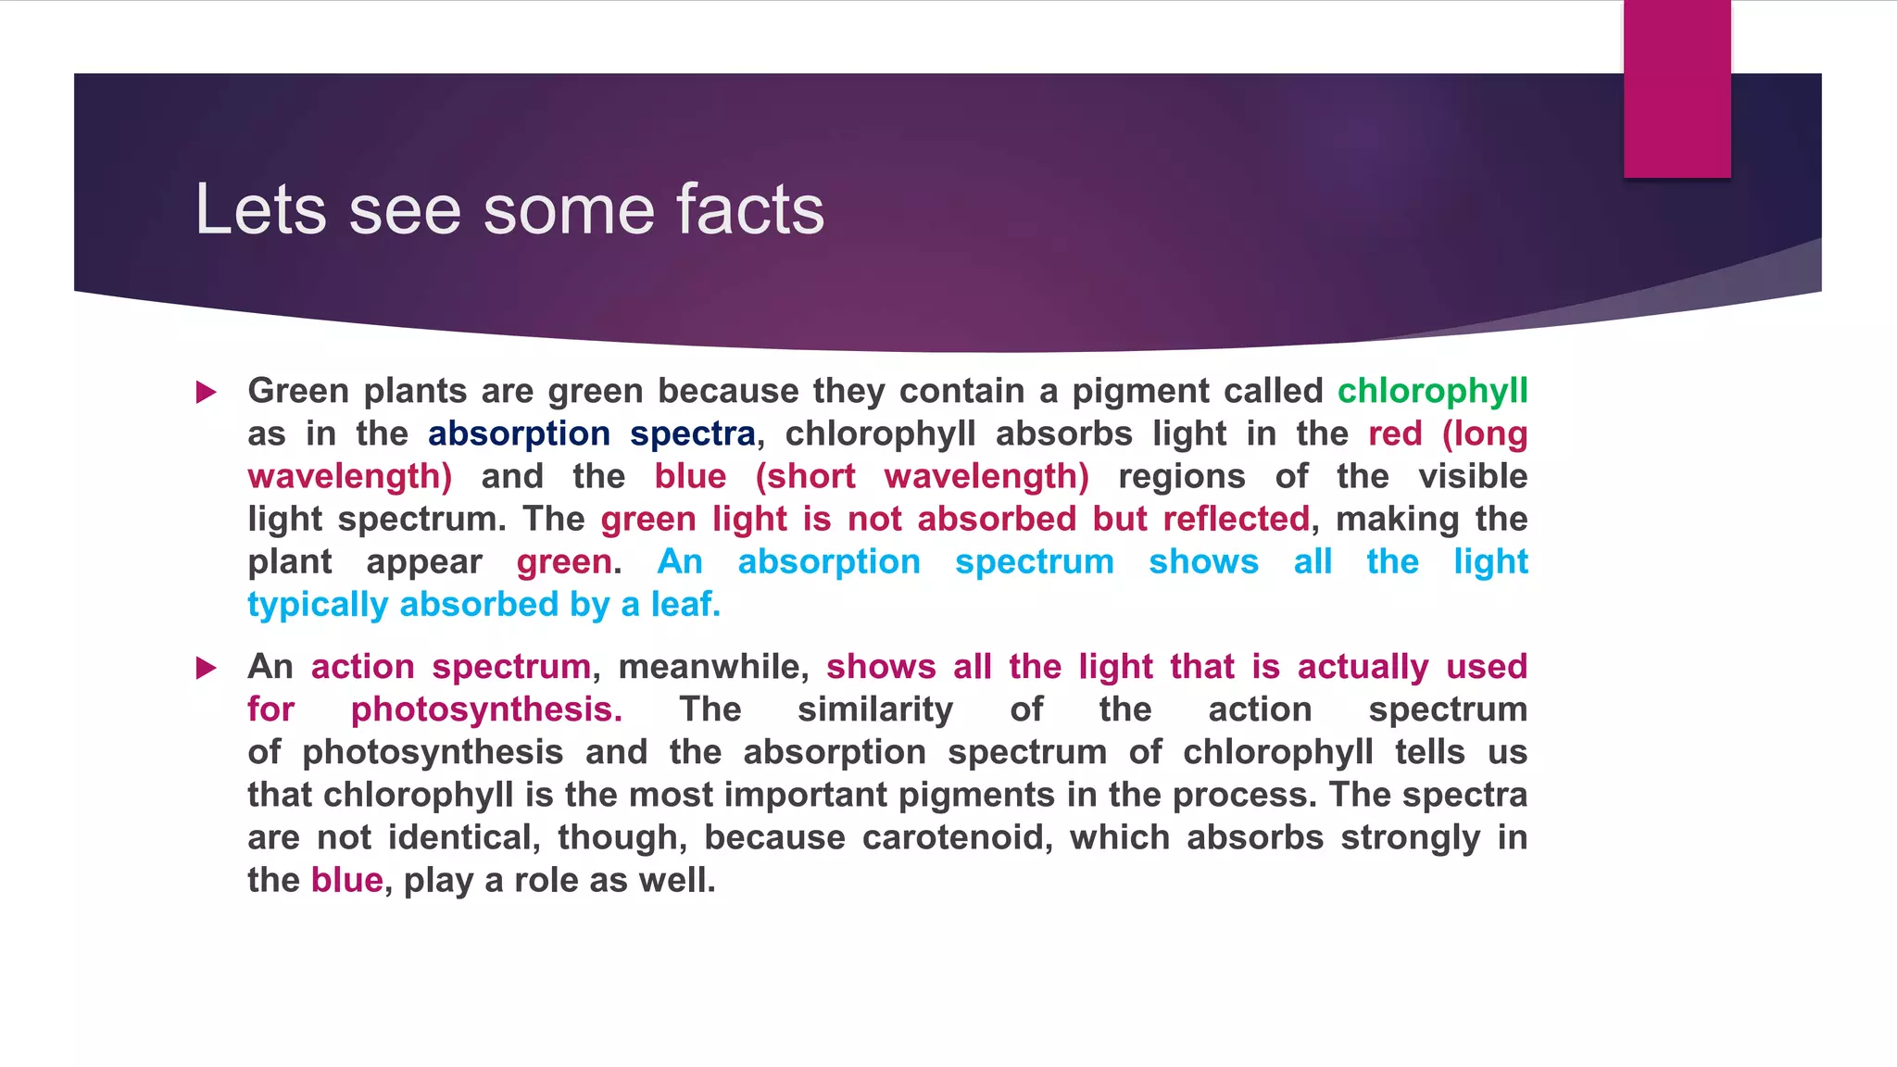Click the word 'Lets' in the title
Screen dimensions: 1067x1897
[x=260, y=209]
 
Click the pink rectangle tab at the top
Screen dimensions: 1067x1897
[x=1677, y=88]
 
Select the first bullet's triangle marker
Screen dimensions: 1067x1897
[x=207, y=393]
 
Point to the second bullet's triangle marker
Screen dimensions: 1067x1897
[x=207, y=668]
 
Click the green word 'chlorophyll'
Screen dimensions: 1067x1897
[x=1432, y=392]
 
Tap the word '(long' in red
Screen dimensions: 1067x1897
[x=1484, y=434]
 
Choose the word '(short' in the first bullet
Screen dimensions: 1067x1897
[x=805, y=477]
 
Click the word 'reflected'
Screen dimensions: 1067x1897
[x=1236, y=520]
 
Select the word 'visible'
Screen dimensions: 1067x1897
[x=1473, y=477]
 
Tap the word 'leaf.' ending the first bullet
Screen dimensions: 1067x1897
[x=685, y=605]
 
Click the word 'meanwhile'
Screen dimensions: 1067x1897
[x=712, y=668]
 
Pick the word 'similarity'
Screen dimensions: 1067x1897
[x=874, y=710]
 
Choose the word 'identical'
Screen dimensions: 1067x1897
[x=463, y=838]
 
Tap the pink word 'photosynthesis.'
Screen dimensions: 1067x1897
[x=486, y=710]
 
